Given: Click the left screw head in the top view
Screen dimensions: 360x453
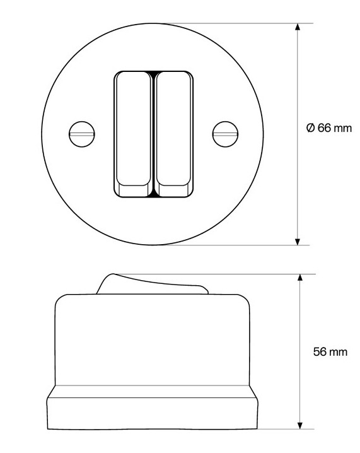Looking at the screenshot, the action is tap(82, 134).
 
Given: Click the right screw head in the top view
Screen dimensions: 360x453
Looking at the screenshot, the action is tap(226, 134).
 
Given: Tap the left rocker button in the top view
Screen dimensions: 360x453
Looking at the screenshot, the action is tap(134, 134).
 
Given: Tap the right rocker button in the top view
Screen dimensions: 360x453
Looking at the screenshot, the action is tap(173, 134).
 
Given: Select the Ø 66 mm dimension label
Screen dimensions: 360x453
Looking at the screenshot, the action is tap(329, 128).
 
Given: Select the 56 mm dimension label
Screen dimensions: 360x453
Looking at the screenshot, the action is tap(330, 352).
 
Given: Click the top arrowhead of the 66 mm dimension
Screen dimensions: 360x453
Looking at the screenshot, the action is tap(298, 27).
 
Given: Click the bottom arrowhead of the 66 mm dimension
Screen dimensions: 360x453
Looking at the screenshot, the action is tap(298, 242).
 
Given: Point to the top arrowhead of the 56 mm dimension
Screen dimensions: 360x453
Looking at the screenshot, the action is tap(300, 278).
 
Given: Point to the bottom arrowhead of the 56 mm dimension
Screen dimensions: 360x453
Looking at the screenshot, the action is tap(300, 425).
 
